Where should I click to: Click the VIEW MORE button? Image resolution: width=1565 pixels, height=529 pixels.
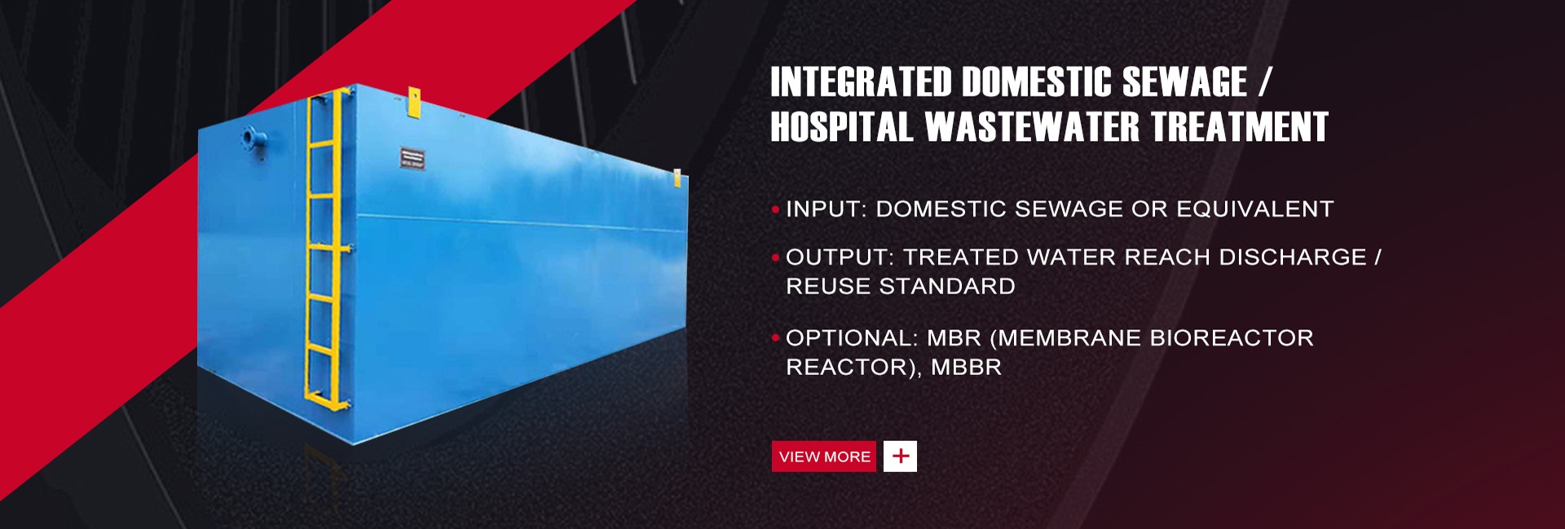point(823,456)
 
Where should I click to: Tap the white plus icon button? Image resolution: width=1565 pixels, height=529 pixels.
point(900,456)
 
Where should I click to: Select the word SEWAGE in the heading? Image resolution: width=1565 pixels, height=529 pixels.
point(1184,82)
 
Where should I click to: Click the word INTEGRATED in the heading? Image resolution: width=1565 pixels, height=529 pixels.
point(861,82)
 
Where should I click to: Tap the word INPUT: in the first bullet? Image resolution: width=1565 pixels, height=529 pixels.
point(826,209)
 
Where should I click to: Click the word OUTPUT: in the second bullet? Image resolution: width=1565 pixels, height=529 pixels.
point(840,258)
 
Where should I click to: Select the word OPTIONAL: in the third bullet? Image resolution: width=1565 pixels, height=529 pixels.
point(852,338)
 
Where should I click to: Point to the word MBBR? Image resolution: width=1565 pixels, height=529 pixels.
point(966,368)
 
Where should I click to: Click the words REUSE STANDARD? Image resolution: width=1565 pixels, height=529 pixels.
point(901,287)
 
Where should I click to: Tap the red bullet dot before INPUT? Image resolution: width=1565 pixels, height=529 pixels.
point(775,210)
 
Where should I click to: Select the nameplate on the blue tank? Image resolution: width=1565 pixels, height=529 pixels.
point(412,157)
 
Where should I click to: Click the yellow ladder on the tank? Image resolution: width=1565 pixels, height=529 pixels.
point(328,249)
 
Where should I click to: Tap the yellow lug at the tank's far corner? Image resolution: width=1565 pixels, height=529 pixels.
point(677,179)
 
